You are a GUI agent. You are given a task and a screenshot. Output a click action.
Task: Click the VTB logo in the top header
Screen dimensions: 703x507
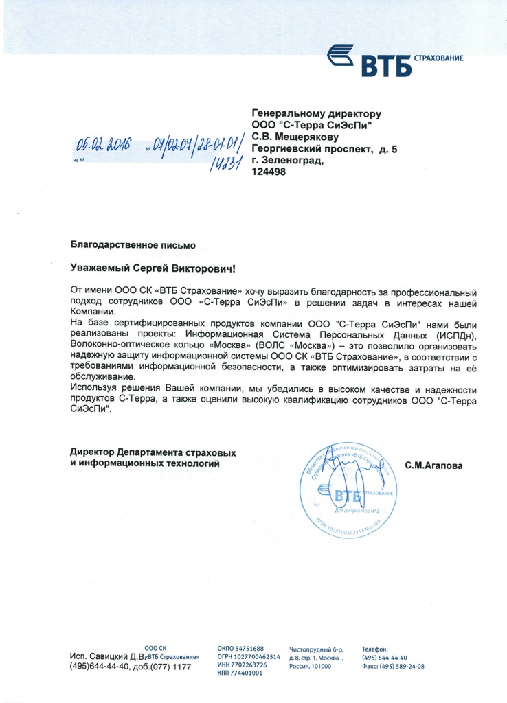(393, 60)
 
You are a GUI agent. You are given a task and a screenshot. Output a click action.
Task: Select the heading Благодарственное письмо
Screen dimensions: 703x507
(133, 244)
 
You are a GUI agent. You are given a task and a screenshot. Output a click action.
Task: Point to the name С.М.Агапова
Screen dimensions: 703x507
(433, 465)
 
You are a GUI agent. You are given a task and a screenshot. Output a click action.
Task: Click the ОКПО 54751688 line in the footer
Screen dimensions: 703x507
(240, 649)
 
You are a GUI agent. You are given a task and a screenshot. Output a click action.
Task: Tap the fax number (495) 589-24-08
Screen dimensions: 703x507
(393, 666)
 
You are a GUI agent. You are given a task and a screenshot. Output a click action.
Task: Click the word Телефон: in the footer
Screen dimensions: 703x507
(375, 649)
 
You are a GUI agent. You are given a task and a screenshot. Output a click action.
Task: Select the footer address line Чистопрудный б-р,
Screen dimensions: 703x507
(316, 649)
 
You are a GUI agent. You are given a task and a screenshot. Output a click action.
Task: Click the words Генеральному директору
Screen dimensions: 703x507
(316, 113)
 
